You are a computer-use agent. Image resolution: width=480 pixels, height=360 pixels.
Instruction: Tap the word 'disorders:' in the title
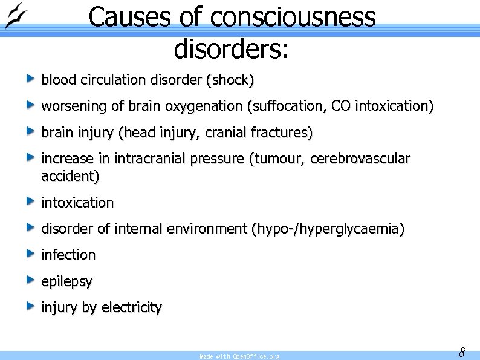tap(232, 48)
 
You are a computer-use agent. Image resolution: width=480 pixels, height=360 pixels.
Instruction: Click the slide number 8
tap(462, 352)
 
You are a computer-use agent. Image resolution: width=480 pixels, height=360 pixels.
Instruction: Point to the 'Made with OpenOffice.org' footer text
tap(239, 356)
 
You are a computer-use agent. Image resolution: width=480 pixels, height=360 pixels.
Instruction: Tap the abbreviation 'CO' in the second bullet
tap(341, 106)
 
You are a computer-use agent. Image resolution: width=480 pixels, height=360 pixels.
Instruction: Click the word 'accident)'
tap(71, 177)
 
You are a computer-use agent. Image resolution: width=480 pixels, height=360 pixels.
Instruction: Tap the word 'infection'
tap(68, 255)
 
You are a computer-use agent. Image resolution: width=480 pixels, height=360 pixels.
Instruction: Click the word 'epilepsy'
tap(67, 282)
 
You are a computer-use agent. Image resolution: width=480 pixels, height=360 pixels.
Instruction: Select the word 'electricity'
tap(132, 308)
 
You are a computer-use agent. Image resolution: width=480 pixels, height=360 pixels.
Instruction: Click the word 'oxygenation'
tap(206, 106)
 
